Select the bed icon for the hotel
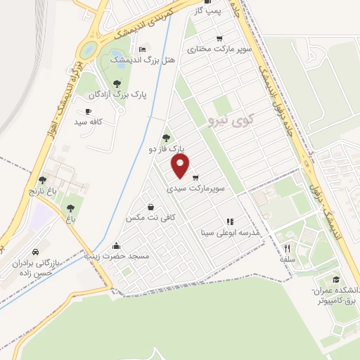143,49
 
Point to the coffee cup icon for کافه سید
88,111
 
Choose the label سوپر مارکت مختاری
219,50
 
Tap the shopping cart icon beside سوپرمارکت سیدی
195,177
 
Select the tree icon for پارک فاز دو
166,138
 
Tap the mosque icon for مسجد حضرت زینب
116,245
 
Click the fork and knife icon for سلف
287,247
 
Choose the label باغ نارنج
41,191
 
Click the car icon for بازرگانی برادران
35,252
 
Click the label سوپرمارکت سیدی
196,190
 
